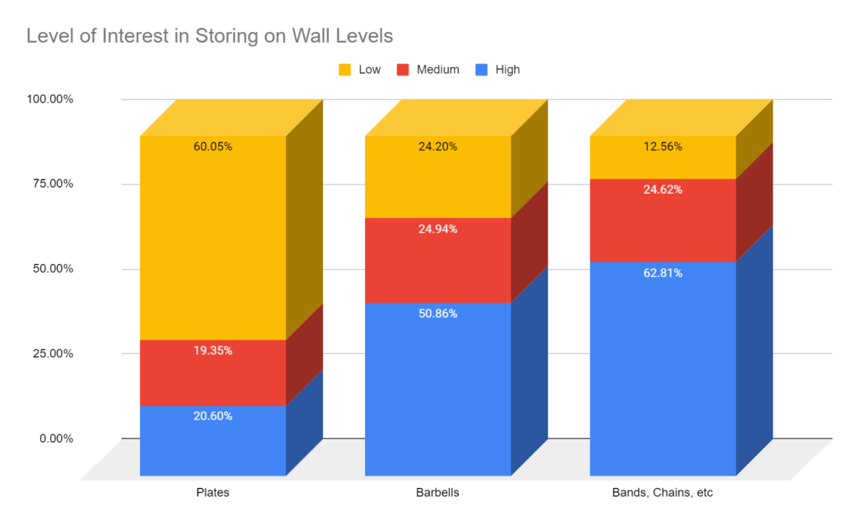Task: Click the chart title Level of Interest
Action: click(210, 36)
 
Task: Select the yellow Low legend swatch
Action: click(345, 70)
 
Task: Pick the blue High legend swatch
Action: click(482, 70)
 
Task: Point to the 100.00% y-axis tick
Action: click(50, 99)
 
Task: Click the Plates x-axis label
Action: click(212, 492)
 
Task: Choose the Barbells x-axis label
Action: click(438, 492)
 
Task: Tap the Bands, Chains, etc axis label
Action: click(663, 492)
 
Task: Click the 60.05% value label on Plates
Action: click(212, 147)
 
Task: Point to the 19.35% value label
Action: click(212, 351)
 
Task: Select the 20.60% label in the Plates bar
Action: click(212, 416)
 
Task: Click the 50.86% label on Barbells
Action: click(438, 314)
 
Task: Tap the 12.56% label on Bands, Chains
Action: click(663, 147)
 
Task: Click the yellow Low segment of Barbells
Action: click(438, 180)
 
